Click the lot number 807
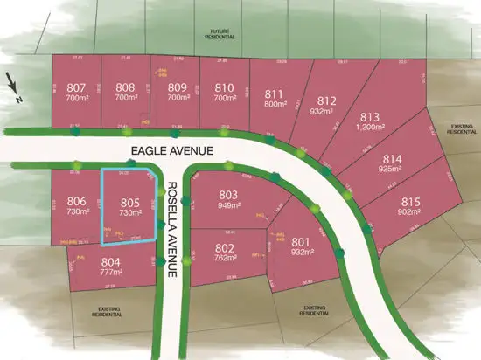coord(76,87)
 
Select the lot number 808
coord(125,87)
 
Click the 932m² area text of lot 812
coord(321,112)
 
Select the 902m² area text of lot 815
coord(410,212)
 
